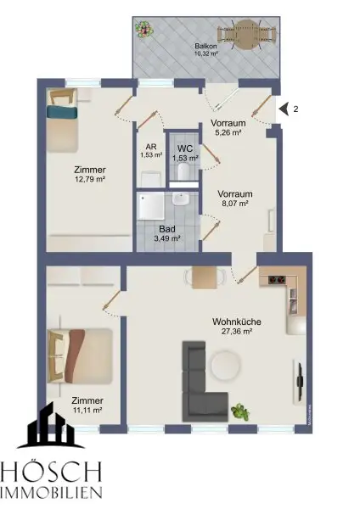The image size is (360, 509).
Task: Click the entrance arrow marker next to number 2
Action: coord(282,109)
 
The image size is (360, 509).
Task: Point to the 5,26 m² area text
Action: coord(228,132)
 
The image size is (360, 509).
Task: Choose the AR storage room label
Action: coord(149,145)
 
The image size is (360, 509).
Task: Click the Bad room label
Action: coord(166,227)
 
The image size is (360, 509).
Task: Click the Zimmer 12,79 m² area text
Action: coord(90,179)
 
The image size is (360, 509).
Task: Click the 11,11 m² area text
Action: coord(87,410)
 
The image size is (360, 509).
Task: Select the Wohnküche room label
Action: coord(236,322)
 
